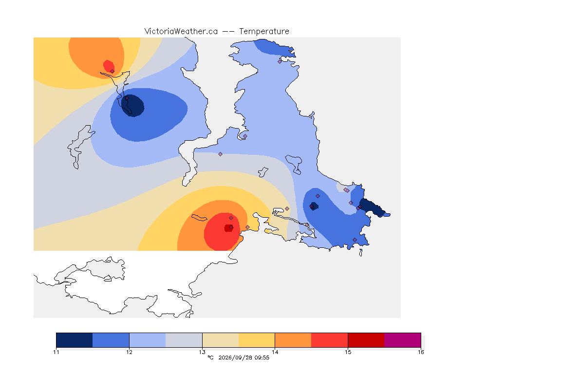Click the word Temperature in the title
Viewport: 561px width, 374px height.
coord(264,32)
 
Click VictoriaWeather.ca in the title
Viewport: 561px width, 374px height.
coord(181,32)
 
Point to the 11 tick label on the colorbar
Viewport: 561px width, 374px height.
coord(56,352)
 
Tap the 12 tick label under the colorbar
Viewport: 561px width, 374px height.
coord(129,352)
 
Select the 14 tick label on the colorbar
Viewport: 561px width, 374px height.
coord(275,352)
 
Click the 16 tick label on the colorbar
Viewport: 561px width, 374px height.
coord(421,352)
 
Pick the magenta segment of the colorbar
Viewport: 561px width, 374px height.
coord(403,340)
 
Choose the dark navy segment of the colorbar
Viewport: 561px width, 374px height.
coord(75,340)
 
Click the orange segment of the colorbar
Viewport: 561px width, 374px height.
coord(293,340)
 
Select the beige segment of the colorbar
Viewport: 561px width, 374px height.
coord(221,340)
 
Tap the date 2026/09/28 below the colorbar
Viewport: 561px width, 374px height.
coord(235,357)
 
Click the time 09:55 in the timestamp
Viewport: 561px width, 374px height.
coord(262,357)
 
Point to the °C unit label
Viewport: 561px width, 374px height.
coord(211,357)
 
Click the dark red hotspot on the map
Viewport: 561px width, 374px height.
coord(228,228)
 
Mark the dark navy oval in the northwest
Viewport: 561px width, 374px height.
coord(133,105)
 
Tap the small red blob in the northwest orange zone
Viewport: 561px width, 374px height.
coord(109,66)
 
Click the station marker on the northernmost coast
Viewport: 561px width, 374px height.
coord(280,61)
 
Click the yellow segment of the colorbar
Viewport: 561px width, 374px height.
coord(257,340)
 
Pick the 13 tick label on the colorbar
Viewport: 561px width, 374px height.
coord(202,352)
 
